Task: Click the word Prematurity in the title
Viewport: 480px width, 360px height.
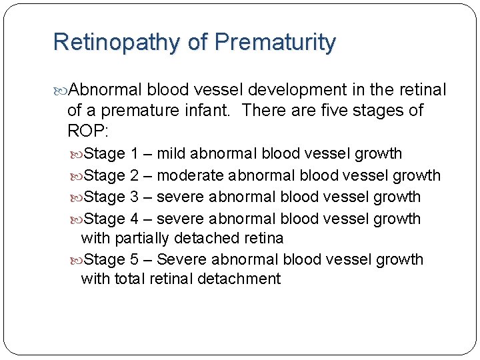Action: [274, 43]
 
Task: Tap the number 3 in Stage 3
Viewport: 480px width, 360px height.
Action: [135, 197]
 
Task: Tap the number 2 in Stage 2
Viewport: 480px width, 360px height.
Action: [135, 176]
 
